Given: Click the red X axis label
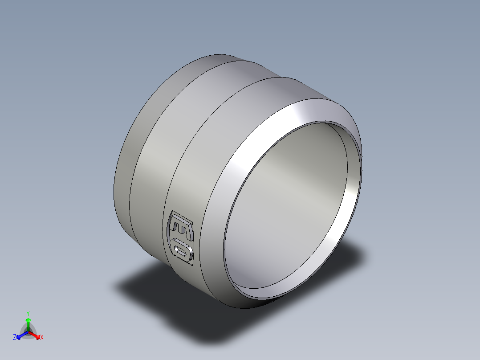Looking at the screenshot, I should click(41, 338).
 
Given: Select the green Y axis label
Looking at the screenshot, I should click(28, 313).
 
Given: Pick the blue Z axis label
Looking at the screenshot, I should click(15, 337).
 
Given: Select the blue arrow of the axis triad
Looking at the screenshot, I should click(20, 335).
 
